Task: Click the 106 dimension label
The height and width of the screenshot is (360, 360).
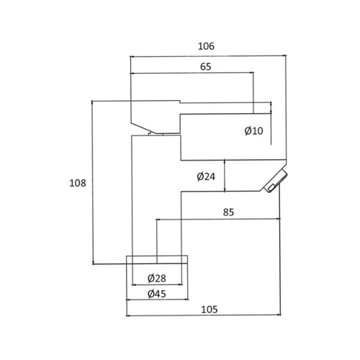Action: coord(206,46)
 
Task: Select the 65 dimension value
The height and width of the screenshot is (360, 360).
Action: coord(206,67)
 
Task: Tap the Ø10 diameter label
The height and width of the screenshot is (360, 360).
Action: coord(253,131)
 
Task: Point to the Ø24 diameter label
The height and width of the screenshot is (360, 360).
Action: coord(206,176)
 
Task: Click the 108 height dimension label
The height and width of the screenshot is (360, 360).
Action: coord(78,183)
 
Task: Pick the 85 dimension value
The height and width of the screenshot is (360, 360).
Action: coord(228,212)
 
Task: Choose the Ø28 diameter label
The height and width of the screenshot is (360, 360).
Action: coord(157,279)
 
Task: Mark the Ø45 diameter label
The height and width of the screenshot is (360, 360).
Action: coord(157,294)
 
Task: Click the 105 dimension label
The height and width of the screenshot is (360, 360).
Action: coord(210,310)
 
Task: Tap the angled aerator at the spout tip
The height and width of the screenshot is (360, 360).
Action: coord(275,181)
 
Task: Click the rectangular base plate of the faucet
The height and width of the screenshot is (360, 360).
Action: coord(157,260)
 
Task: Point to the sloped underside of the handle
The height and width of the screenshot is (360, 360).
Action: coord(143,128)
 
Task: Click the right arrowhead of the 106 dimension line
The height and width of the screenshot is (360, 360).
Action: coord(284,55)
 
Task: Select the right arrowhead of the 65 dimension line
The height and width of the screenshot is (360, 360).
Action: coord(251,72)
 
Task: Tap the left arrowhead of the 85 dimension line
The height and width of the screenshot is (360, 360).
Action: coord(158,219)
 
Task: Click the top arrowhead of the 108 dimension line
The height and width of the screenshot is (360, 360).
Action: coord(92,103)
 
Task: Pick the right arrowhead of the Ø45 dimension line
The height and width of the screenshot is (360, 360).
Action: coord(186,300)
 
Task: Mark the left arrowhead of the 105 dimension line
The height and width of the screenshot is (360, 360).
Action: coord(129,315)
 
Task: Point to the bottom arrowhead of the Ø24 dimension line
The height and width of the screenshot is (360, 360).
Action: coord(225,189)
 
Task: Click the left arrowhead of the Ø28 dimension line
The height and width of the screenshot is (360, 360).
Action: coord(135,285)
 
